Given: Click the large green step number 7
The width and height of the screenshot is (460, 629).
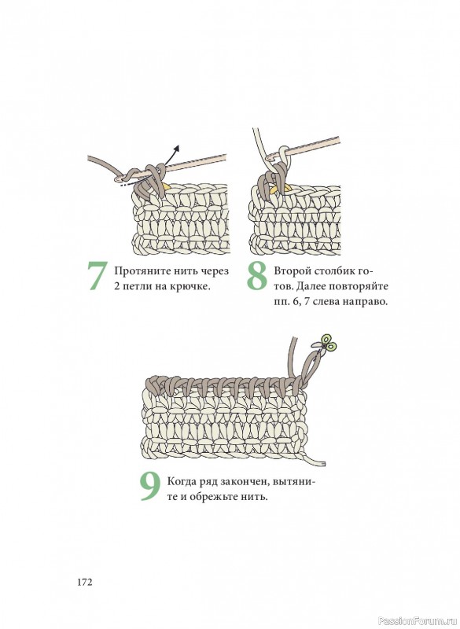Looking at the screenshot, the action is tap(98, 276).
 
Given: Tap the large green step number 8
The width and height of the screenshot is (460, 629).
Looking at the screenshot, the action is tap(256, 276).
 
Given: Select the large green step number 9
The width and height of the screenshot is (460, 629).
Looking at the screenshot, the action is tap(150, 487).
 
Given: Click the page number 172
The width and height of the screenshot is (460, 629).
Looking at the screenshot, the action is tap(85, 582).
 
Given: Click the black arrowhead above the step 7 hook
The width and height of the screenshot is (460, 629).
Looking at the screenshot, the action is tap(176, 149).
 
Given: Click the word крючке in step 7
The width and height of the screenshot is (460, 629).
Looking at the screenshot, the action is tap(192, 288).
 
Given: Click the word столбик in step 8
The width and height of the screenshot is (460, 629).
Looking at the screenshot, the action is tap(333, 271).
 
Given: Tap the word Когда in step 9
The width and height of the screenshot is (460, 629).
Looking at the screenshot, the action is tap(181, 481).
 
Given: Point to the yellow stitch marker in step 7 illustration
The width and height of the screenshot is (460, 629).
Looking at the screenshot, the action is tap(166, 186).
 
